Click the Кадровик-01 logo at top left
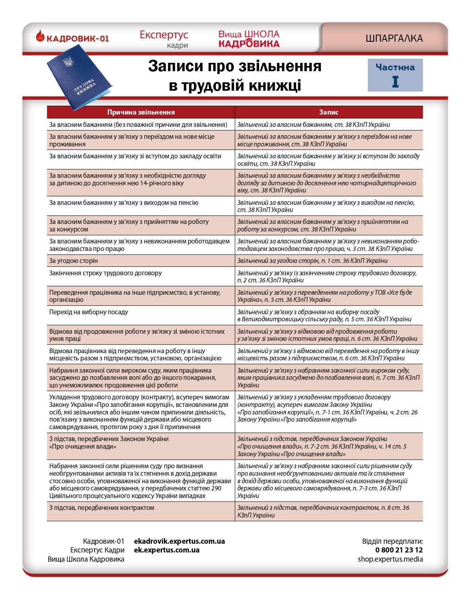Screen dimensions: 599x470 tap(72, 38)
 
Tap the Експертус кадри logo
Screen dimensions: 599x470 tap(164, 39)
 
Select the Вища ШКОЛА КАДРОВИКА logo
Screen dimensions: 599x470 tap(249, 39)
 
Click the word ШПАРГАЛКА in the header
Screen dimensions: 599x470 tap(394, 39)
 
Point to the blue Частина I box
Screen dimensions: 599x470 tap(395, 75)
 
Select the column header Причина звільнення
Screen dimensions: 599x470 tap(141, 112)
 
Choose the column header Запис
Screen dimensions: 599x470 tap(328, 112)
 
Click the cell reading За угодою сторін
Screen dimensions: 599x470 tap(74, 261)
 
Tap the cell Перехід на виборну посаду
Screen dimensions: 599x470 tap(89, 312)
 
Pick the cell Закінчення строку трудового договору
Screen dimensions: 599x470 tap(105, 273)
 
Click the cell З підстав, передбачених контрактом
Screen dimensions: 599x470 tap(101, 508)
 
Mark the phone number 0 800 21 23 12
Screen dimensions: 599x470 tap(399, 550)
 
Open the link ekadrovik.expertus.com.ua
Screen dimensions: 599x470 tap(179, 541)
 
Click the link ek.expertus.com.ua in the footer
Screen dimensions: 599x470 tap(167, 550)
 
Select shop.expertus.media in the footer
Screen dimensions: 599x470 tap(390, 559)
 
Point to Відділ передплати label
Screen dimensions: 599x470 tap(392, 541)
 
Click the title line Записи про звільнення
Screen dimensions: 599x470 tap(235, 66)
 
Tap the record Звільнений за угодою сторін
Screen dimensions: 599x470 tap(312, 261)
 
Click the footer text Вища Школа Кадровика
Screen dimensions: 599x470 tap(86, 559)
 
